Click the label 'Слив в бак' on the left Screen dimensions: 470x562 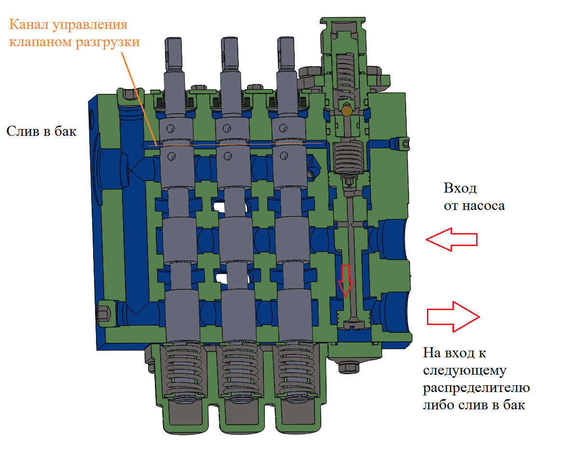(x=41, y=131)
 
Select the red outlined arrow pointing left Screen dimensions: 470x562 (x=452, y=239)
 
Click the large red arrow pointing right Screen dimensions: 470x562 (x=453, y=316)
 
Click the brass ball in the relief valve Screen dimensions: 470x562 (x=346, y=111)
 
